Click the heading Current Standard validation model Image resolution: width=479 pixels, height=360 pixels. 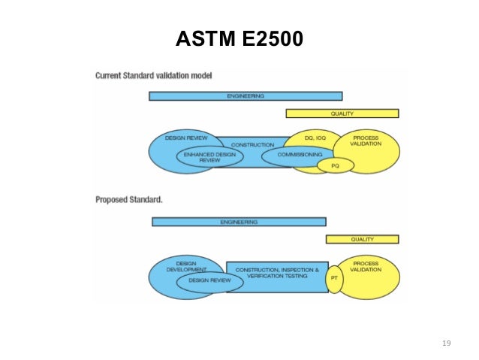point(154,76)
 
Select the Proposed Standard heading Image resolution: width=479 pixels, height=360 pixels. point(129,200)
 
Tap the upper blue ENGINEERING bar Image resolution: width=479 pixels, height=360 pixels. point(246,96)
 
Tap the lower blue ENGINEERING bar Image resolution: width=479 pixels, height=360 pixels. point(239,222)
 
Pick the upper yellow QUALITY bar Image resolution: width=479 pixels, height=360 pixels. point(342,113)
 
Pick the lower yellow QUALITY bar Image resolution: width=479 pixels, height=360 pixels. point(362,239)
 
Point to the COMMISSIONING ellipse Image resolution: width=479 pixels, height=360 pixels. point(300,155)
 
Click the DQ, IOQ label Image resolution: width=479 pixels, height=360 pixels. point(315,138)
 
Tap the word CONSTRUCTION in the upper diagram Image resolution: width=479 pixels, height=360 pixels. point(252,144)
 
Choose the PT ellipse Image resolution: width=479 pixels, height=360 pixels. point(335,278)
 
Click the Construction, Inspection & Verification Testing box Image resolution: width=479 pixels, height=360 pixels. point(277,273)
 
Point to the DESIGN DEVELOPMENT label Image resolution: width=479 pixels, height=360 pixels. point(185,267)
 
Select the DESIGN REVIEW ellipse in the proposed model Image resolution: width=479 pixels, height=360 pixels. point(209,280)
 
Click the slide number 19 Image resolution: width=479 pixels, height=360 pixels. point(447,343)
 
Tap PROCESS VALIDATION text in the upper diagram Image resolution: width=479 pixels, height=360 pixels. point(366,141)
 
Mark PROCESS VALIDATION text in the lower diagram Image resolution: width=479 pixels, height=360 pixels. point(366,266)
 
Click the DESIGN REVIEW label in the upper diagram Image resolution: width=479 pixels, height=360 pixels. point(185,138)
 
